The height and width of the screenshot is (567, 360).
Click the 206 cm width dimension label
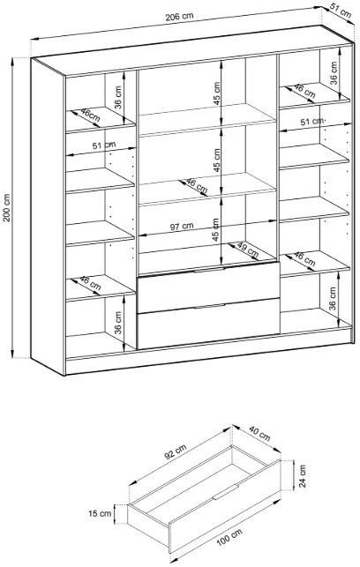coord(179,17)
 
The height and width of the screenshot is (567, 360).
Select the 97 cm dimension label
coord(182,227)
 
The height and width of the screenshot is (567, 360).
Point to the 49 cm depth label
coord(247,250)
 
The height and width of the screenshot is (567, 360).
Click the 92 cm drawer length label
coord(176,451)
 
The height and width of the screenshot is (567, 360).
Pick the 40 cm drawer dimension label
coord(259,434)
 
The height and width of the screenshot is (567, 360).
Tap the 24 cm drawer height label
coord(303,476)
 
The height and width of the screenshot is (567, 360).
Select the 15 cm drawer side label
coord(100,513)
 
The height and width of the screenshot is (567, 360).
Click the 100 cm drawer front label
coord(229,537)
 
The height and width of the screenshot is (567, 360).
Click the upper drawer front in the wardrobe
coord(208,287)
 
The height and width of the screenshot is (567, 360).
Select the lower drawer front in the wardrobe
coord(208,324)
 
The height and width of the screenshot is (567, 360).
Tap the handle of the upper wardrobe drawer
coord(209,270)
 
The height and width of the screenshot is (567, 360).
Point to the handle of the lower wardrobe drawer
coord(209,307)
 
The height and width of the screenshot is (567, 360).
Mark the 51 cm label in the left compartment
coord(104,145)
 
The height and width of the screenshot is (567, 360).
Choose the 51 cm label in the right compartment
coord(312,122)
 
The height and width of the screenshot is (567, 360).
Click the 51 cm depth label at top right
coord(341,11)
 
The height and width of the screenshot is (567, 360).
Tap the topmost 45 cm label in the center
coord(216,93)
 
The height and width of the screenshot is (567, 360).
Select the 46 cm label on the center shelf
coord(197,186)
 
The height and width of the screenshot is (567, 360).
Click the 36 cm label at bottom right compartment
coord(333,299)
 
